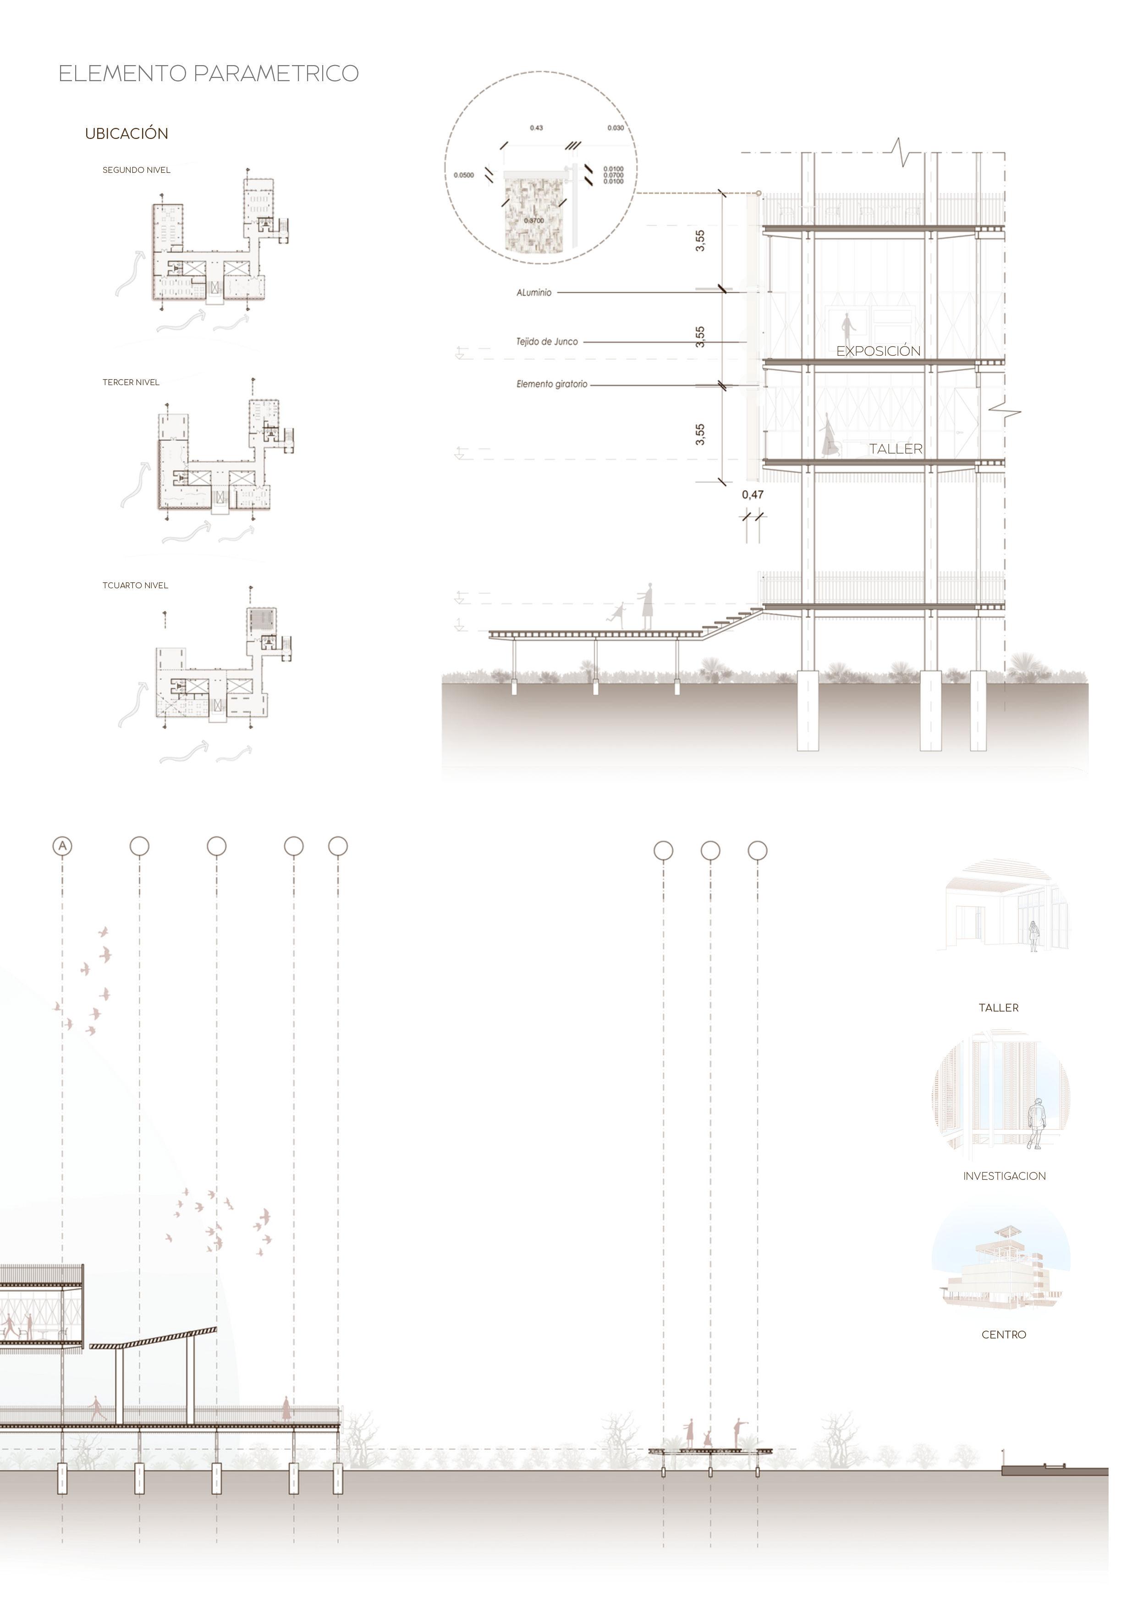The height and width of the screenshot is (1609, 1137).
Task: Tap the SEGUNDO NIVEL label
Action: pos(136,170)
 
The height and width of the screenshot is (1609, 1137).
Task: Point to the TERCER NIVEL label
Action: pos(131,382)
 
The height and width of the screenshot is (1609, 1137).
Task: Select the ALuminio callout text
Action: pos(534,293)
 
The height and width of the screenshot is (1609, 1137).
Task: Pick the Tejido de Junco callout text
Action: pos(547,342)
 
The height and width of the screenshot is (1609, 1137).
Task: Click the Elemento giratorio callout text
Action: pos(552,385)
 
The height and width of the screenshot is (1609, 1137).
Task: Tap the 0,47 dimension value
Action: pos(753,495)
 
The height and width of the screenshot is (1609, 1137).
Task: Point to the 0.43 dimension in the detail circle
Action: pos(536,128)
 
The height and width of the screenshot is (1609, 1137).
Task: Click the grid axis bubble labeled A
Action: pos(62,846)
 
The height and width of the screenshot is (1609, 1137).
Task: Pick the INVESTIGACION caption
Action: pos(1004,1177)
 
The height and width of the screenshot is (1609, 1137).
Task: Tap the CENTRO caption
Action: pos(1003,1335)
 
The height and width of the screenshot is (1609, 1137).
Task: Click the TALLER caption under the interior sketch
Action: pos(998,1008)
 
